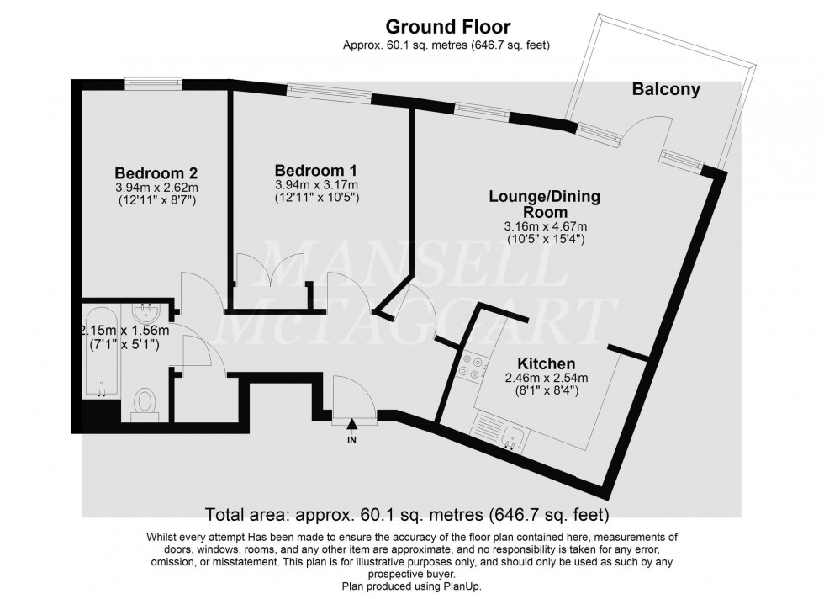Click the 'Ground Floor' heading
pos(447,26)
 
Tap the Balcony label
pos(666,89)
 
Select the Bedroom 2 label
pos(156,173)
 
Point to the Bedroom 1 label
pos(316,171)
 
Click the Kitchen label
pos(547,363)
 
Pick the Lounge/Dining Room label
pos(545,204)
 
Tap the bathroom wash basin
pos(145,314)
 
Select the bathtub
pos(102,349)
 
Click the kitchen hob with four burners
pos(472,368)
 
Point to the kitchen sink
pos(511,438)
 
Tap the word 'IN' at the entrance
pos(351,440)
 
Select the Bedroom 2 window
pos(153,82)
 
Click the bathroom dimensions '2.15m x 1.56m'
pos(124,331)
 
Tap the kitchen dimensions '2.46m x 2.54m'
pos(547,378)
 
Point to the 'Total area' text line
pos(407,514)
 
